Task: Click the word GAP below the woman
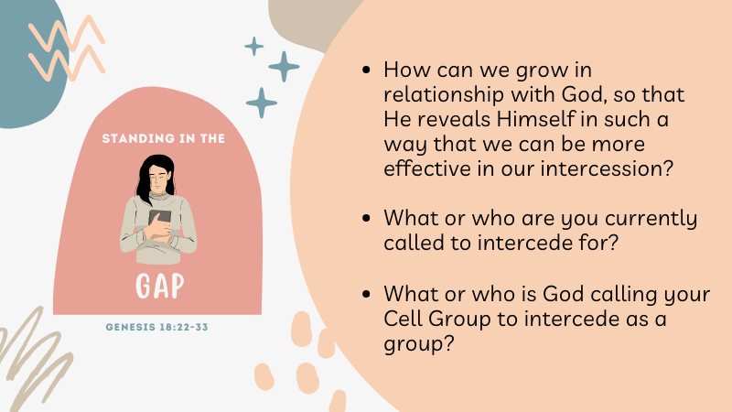(159, 286)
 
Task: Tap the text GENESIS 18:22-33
(156, 327)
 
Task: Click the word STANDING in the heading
(131, 138)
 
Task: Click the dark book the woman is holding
(159, 219)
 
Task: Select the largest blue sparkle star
(284, 67)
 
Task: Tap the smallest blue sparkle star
(254, 47)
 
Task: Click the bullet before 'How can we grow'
(366, 70)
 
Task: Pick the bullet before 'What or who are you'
(366, 218)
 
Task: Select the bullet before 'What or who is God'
(366, 294)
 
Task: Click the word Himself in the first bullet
(535, 119)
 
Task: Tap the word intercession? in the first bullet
(607, 168)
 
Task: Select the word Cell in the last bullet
(403, 319)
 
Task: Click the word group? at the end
(419, 345)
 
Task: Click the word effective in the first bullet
(427, 168)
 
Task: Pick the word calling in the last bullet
(624, 295)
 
